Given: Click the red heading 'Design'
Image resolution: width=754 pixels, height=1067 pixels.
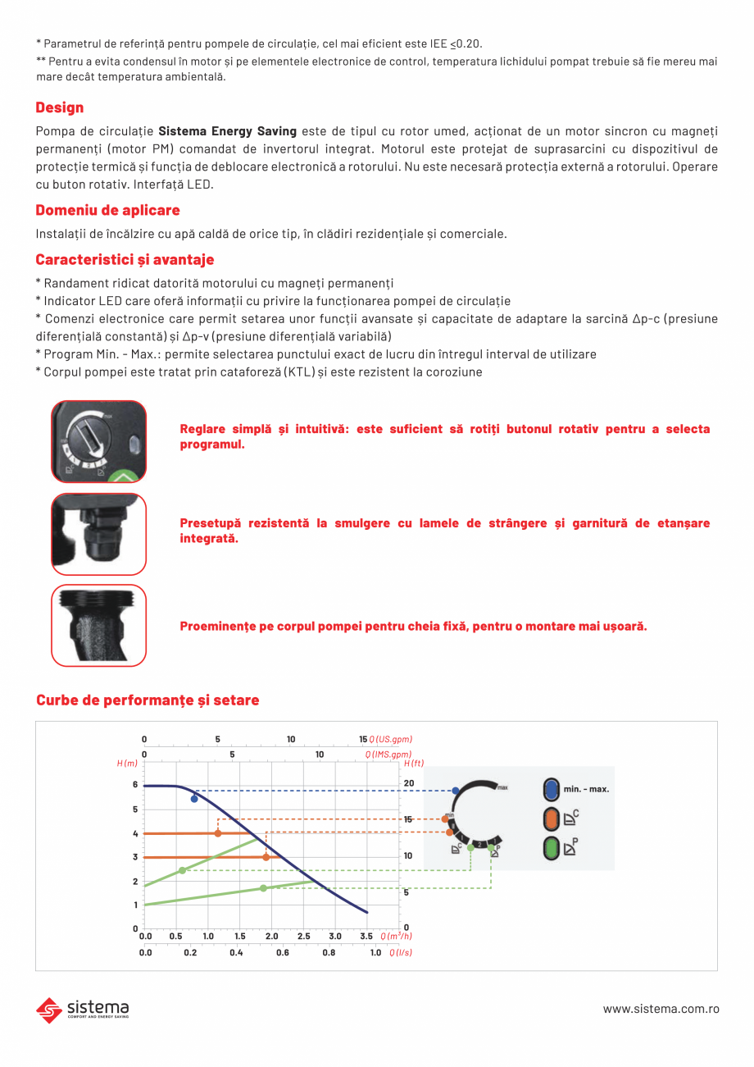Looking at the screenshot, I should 60,107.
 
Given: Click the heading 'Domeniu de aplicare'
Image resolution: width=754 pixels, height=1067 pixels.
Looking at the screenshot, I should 107,211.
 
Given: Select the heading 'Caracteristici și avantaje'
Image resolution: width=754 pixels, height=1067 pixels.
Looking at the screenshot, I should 125,260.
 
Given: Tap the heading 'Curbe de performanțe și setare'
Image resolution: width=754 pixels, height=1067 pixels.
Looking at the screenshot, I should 148,700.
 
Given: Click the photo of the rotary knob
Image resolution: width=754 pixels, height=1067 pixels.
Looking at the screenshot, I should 99,441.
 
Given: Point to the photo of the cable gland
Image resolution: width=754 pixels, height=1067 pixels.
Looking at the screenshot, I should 99,534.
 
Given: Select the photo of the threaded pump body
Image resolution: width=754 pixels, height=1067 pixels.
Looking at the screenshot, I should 99,625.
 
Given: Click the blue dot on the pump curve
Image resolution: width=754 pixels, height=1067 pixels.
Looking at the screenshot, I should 194,799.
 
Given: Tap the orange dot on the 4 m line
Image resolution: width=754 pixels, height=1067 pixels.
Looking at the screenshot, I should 217,833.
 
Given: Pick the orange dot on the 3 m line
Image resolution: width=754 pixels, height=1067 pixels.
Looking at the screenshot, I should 266,857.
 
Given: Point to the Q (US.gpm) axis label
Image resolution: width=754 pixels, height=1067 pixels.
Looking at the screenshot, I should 391,740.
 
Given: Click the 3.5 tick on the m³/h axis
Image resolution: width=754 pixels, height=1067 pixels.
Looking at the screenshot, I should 366,936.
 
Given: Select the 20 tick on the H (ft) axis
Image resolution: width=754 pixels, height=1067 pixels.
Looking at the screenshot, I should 409,784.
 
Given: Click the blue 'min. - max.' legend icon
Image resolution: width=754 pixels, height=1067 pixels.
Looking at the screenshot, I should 551,790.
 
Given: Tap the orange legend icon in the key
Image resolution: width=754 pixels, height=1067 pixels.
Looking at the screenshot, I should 551,818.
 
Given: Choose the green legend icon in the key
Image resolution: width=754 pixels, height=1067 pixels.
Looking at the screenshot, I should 551,847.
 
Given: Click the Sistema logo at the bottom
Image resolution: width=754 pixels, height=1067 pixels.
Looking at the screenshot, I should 83,1009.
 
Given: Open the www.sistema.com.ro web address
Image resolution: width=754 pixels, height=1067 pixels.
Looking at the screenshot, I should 661,1009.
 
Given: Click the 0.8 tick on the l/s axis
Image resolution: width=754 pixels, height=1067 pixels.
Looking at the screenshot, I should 329,953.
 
